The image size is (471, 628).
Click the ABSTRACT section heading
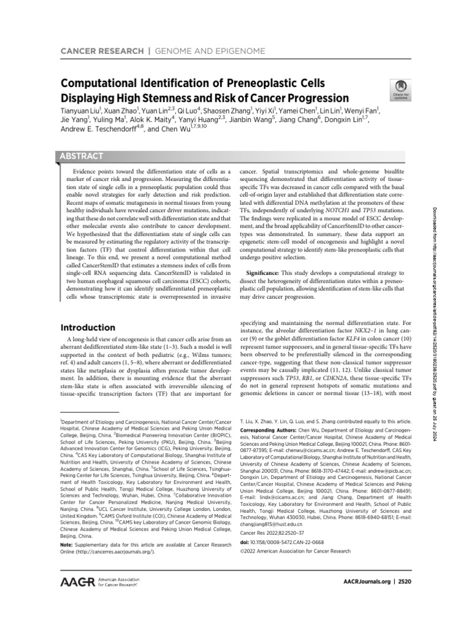point(81,156)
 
